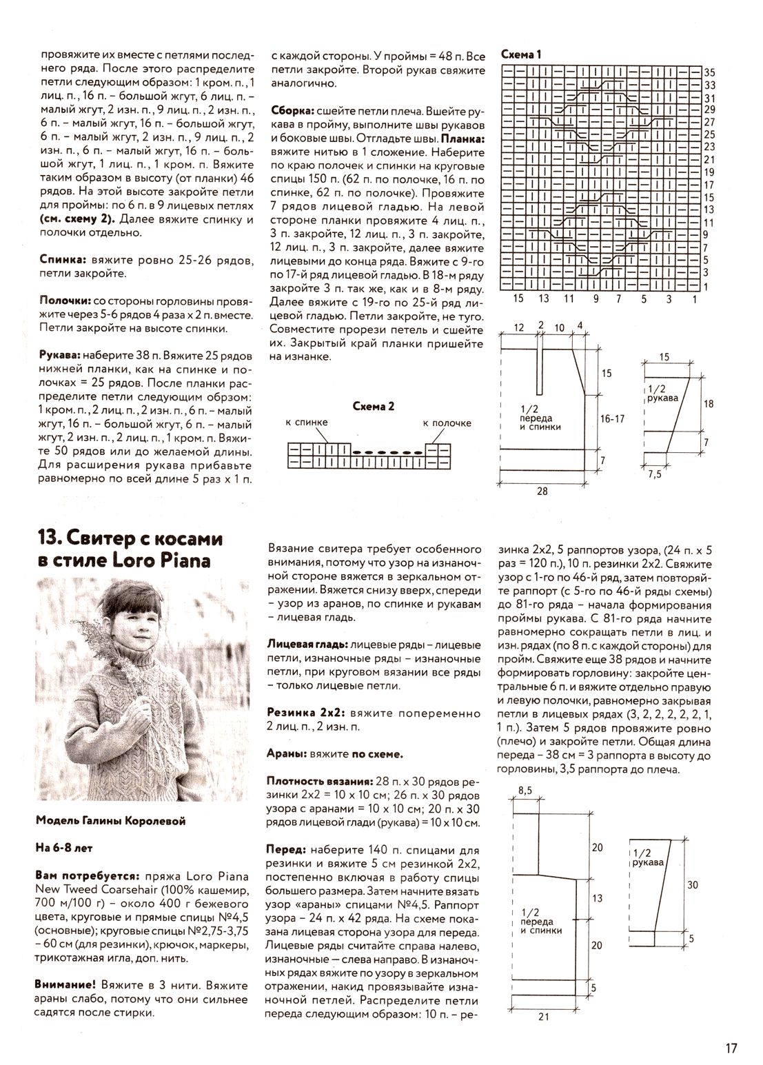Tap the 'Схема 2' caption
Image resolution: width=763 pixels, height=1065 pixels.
[373, 407]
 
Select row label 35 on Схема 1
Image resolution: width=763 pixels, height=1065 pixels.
[710, 72]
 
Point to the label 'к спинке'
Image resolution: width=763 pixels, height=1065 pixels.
[306, 423]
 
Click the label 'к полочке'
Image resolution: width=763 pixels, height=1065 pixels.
[447, 423]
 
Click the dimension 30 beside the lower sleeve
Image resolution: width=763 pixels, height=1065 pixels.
[691, 884]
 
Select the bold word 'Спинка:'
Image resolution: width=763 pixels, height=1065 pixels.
[59, 261]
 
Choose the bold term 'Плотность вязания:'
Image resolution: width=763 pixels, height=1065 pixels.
[320, 782]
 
